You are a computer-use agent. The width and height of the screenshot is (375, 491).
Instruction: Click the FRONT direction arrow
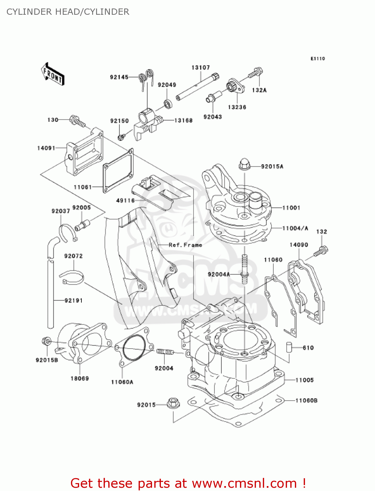click(x=53, y=74)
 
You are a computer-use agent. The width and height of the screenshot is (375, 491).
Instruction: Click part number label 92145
click(x=119, y=77)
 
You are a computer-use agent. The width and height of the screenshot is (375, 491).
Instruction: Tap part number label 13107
click(x=200, y=68)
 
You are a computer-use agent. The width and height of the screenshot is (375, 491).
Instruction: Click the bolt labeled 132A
click(x=256, y=73)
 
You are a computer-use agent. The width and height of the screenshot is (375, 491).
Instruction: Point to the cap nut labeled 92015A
click(x=244, y=164)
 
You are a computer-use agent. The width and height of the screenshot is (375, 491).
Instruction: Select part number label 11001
click(x=291, y=208)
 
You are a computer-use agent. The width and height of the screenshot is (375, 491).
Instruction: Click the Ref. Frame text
click(x=185, y=245)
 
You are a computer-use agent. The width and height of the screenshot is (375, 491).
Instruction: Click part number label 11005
click(x=304, y=380)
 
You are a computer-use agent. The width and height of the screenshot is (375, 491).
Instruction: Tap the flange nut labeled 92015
click(x=173, y=403)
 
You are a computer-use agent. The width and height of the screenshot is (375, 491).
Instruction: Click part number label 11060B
click(x=306, y=400)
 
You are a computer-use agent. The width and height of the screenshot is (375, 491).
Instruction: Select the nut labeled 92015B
click(x=46, y=341)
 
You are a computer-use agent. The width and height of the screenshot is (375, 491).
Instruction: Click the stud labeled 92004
click(x=164, y=352)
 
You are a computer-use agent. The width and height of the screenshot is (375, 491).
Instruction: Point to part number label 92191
click(x=74, y=300)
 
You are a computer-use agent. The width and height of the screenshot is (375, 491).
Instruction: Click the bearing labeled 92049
click(x=168, y=104)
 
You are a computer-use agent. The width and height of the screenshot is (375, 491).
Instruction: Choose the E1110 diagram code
click(x=317, y=59)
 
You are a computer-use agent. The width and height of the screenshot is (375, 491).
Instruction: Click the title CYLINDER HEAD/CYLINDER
click(x=68, y=12)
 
